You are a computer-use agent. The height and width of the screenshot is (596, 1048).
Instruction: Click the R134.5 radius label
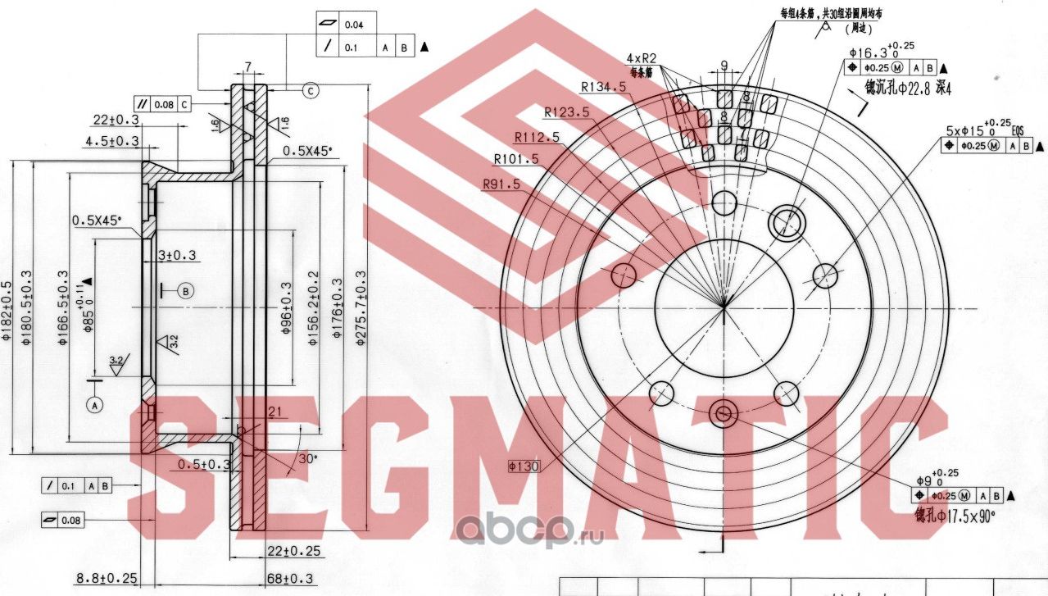[x=603, y=87]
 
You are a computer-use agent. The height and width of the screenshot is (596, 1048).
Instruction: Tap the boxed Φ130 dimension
[x=521, y=466]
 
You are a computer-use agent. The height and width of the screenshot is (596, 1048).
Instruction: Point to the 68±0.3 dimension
[x=290, y=579]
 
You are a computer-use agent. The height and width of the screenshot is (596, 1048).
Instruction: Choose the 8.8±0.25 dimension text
[x=107, y=579]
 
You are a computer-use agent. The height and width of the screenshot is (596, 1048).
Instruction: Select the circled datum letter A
[x=96, y=404]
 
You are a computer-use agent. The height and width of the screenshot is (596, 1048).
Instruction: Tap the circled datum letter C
[x=310, y=90]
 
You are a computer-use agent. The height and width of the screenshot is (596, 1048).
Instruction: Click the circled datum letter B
[x=186, y=290]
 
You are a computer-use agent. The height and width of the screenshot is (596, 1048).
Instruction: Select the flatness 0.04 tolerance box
[x=344, y=25]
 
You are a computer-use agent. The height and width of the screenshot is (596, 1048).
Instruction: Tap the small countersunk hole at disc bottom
[x=723, y=413]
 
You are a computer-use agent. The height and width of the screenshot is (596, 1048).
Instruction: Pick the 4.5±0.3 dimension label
[x=111, y=141]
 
